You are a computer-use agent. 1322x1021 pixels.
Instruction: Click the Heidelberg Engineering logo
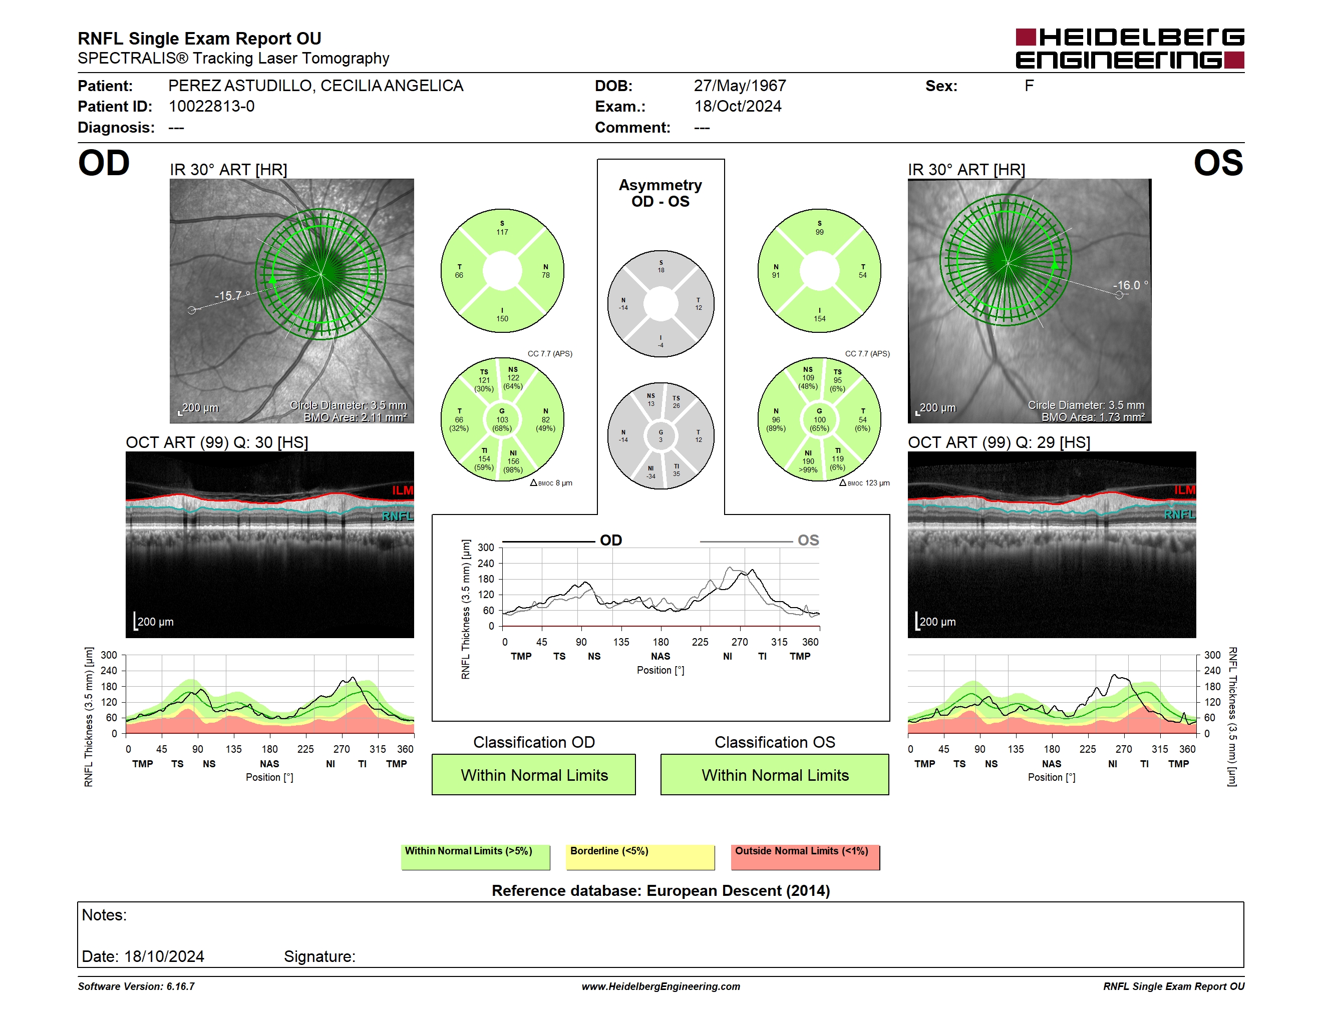(1130, 49)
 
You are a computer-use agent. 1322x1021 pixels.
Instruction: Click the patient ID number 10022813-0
(211, 107)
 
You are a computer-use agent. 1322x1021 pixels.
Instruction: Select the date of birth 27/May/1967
(740, 86)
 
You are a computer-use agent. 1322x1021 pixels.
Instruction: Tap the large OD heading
(104, 163)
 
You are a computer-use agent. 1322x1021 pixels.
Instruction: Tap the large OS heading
(1218, 163)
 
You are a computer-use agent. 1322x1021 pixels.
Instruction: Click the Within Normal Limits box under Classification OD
(533, 774)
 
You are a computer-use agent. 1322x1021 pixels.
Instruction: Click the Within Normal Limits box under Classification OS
(775, 774)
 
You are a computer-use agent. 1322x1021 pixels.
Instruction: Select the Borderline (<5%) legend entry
(640, 857)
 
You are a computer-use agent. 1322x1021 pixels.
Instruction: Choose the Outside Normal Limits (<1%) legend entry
(805, 857)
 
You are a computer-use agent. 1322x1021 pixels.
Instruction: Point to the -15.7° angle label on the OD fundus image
(232, 296)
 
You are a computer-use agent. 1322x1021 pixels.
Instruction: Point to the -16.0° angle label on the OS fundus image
(1130, 285)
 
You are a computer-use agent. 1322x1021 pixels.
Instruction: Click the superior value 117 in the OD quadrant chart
(502, 232)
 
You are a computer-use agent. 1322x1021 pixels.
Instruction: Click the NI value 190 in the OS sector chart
(808, 461)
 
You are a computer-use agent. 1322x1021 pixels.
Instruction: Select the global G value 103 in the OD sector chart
(502, 420)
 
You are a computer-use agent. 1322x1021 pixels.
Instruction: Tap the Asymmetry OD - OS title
(660, 193)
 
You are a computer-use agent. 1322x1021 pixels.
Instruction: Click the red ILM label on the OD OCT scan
(402, 490)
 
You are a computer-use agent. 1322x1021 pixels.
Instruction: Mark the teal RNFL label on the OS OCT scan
(1179, 514)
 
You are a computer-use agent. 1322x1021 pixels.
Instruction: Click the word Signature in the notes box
(318, 956)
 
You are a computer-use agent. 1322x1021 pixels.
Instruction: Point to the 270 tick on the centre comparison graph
(739, 642)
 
